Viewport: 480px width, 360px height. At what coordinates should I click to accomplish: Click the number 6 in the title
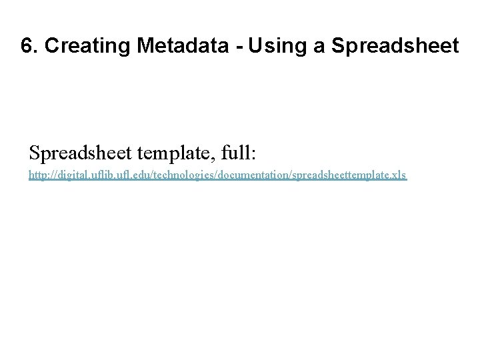(26, 47)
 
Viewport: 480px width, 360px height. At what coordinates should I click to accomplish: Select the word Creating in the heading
(73, 47)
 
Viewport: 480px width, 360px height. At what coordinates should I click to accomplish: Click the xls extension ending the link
(399, 175)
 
